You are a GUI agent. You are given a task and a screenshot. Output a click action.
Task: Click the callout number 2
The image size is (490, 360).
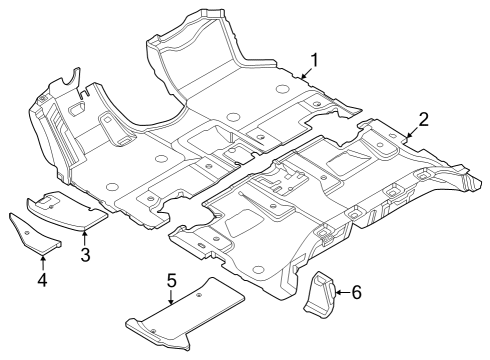tap(424, 120)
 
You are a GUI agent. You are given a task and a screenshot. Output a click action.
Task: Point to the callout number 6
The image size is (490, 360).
tap(357, 292)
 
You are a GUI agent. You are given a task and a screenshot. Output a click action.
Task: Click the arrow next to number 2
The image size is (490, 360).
tap(410, 132)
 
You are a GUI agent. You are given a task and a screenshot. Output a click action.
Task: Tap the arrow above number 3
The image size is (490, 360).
tap(85, 235)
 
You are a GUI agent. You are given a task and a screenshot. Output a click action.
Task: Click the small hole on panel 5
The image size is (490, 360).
tap(198, 297)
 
